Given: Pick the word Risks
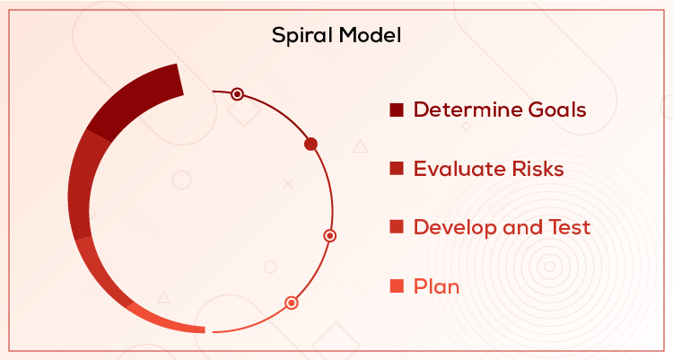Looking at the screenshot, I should click(x=535, y=169).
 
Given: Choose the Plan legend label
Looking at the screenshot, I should click(x=436, y=287).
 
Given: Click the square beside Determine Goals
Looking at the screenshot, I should click(x=397, y=110).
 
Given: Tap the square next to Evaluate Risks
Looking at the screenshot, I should click(x=397, y=169).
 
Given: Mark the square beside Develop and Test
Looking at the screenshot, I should click(x=397, y=227).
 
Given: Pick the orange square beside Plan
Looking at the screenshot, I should click(x=397, y=287).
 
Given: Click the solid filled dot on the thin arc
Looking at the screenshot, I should click(x=311, y=144).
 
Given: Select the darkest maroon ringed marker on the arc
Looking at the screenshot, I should click(x=237, y=93).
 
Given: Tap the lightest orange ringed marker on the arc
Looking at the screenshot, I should click(x=291, y=303).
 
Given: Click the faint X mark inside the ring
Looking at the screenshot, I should click(x=288, y=183).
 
